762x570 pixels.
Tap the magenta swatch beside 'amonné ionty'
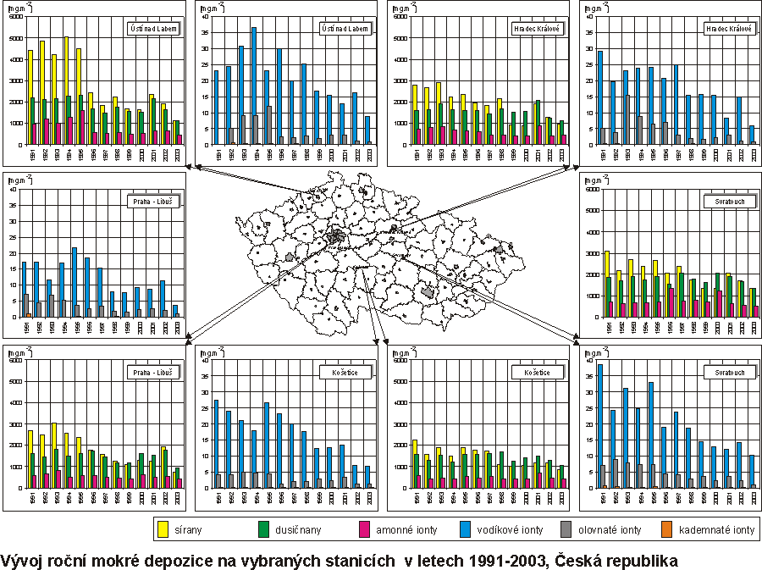[366, 530]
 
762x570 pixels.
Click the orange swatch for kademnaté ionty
[666, 530]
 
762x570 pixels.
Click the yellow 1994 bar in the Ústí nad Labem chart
[65, 85]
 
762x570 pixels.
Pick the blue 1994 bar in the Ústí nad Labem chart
[253, 85]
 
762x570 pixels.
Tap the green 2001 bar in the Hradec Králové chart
[537, 122]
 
